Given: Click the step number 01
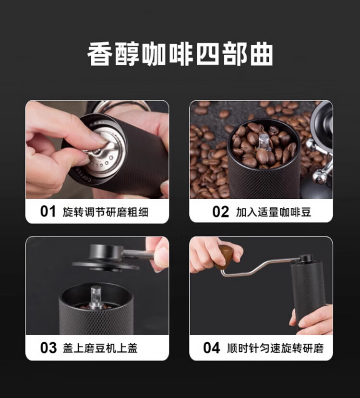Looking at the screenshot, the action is click(x=48, y=211).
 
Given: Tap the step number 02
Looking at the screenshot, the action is click(x=220, y=212).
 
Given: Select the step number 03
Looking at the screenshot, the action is click(x=48, y=348).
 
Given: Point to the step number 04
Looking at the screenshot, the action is click(x=212, y=348).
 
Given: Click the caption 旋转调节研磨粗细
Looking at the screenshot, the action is click(x=105, y=212).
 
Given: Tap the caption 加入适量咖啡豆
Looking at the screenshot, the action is click(x=273, y=212).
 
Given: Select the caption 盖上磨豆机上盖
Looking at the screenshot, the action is click(x=100, y=348).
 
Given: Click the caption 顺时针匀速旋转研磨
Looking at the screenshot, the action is click(x=275, y=348).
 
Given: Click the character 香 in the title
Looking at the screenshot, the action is click(x=100, y=54).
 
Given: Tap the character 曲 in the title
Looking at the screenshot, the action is click(x=261, y=54).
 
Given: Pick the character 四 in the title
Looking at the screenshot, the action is click(x=207, y=54).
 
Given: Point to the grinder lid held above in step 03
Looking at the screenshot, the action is click(x=107, y=257).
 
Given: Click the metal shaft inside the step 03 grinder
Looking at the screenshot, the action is click(x=96, y=297).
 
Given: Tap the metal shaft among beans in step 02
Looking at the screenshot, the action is click(x=264, y=142).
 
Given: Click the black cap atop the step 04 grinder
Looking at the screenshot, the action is click(x=305, y=259).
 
